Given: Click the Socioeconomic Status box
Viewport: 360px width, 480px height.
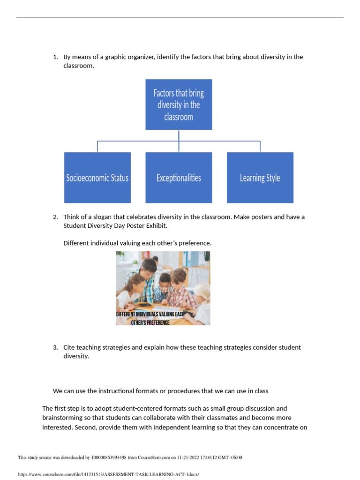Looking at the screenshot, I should click(x=97, y=178).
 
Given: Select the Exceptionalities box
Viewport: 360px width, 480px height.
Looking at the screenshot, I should click(x=179, y=178).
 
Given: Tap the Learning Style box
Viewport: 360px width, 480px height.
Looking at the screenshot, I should click(x=260, y=178).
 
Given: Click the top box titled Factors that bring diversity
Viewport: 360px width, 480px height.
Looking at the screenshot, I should click(x=179, y=104).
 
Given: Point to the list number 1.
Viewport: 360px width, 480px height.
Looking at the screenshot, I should click(x=55, y=57).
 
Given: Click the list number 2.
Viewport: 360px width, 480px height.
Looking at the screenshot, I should click(x=55, y=217).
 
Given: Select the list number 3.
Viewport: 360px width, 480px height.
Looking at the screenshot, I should click(x=55, y=347).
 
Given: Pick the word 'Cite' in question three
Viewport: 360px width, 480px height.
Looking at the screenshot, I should click(x=70, y=347).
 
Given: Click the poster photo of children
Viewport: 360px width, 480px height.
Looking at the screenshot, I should click(x=163, y=281).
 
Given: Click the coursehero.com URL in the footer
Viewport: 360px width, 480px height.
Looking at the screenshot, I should click(x=108, y=474).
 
